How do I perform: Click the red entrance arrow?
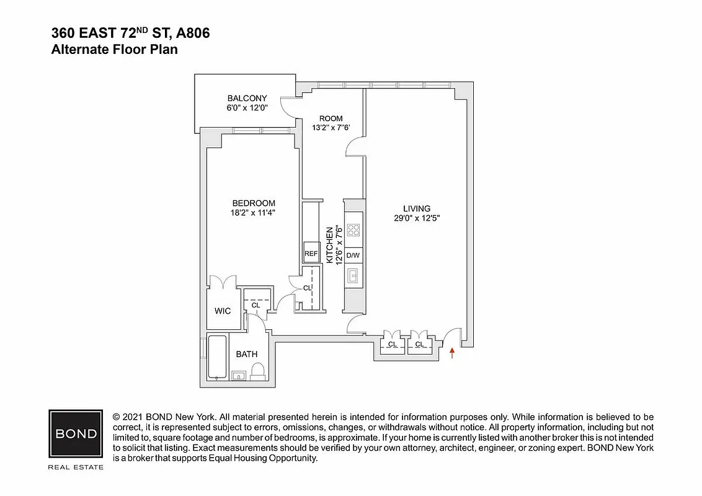pyautogui.click(x=452, y=353)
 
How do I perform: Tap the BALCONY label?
pyautogui.click(x=247, y=98)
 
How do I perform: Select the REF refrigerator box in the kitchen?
pyautogui.click(x=310, y=254)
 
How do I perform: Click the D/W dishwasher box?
pyautogui.click(x=353, y=255)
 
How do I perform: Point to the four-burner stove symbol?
pyautogui.click(x=353, y=231)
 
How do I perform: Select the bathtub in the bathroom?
pyautogui.click(x=217, y=356)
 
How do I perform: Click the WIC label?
pyautogui.click(x=223, y=311)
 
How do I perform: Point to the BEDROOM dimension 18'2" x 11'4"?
pyautogui.click(x=254, y=212)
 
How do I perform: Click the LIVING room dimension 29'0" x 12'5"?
pyautogui.click(x=417, y=218)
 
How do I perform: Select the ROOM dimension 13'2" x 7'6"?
pyautogui.click(x=331, y=128)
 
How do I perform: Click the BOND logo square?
pyautogui.click(x=76, y=433)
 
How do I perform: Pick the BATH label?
pyautogui.click(x=246, y=354)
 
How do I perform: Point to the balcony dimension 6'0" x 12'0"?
pyautogui.click(x=247, y=108)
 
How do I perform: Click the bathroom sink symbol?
pyautogui.click(x=239, y=375)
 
